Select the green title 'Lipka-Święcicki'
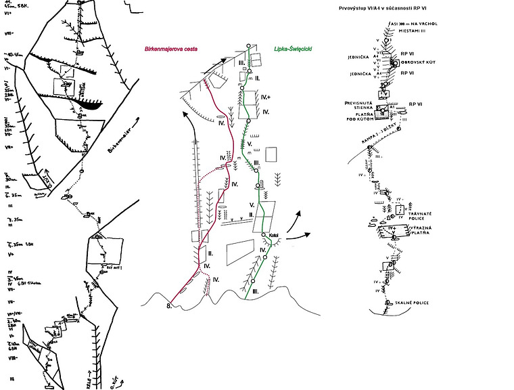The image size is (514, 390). pyautogui.click(x=296, y=49)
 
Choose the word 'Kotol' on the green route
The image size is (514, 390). pyautogui.click(x=274, y=235)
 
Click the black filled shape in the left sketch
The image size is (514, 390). pyautogui.click(x=87, y=105)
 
